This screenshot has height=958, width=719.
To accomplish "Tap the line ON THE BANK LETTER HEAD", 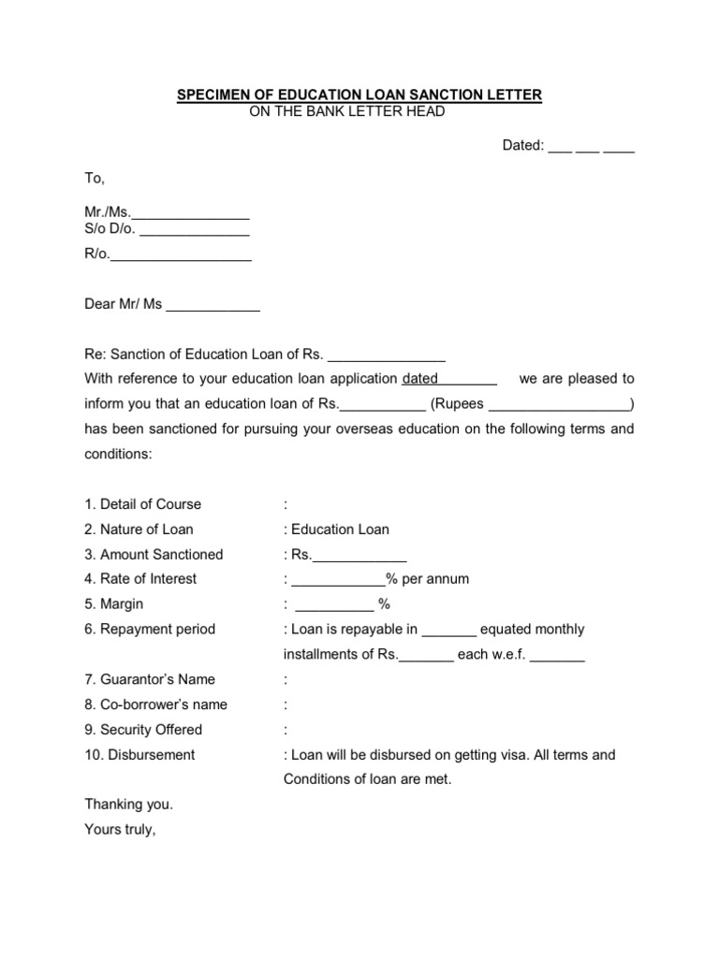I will point(346,112).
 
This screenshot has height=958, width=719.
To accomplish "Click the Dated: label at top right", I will point(523,146).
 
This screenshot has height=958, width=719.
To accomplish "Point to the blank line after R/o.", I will point(181,255).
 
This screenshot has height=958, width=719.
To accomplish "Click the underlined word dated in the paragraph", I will point(420,379).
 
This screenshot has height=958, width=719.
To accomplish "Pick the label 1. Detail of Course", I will point(142,504).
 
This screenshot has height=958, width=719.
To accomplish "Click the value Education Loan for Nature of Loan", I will point(340,530).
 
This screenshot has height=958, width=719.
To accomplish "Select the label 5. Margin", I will point(114,604).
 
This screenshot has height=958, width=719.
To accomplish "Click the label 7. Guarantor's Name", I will point(150,679).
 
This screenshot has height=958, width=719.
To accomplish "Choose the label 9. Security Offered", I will point(143,730).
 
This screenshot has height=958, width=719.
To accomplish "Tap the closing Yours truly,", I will point(120,828).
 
